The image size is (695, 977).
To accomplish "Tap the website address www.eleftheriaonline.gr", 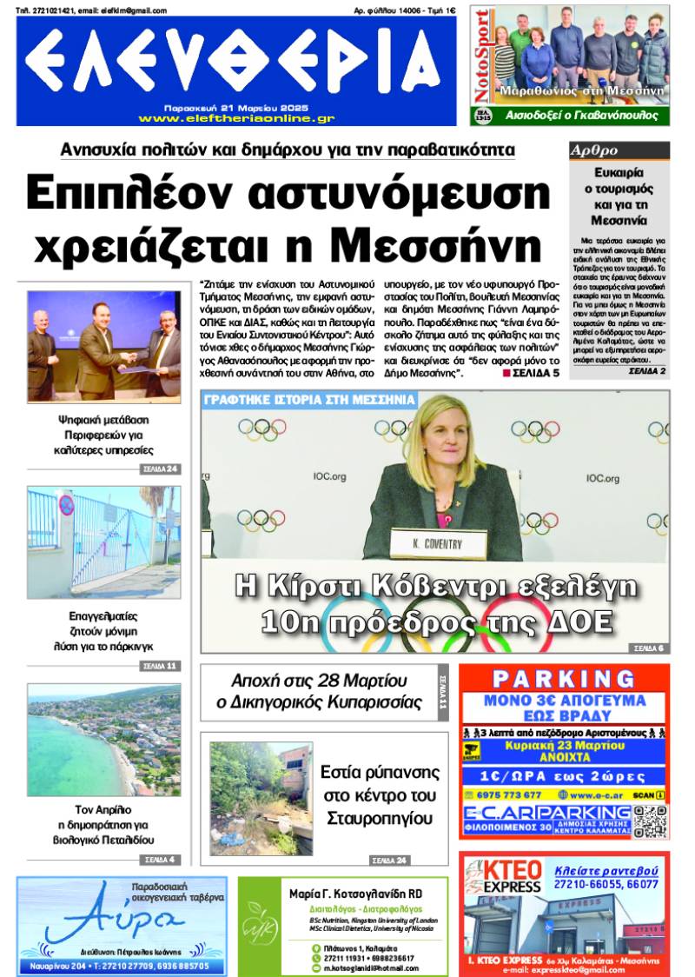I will click(x=236, y=118).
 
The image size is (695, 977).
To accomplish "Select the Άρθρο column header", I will click(x=594, y=150).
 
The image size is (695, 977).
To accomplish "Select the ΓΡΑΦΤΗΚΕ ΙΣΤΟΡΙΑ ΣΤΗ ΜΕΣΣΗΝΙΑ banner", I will click(x=309, y=402).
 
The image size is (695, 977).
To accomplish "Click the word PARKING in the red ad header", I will click(x=565, y=678).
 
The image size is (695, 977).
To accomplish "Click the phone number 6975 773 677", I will click(x=509, y=794).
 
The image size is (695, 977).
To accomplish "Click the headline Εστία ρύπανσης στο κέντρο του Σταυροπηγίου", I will click(x=380, y=794).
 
